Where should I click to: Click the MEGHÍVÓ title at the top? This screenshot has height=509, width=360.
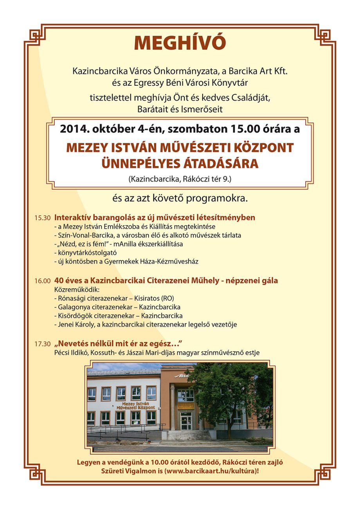[180, 43]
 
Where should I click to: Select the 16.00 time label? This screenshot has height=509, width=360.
[42, 281]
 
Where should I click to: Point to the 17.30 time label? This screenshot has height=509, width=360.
[42, 344]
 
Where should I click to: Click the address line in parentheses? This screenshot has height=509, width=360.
[180, 180]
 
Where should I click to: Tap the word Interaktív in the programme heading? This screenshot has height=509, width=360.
[73, 217]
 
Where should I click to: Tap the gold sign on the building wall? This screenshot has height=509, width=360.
[186, 406]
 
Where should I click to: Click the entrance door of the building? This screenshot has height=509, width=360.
[186, 421]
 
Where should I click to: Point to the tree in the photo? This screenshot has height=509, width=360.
[231, 395]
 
